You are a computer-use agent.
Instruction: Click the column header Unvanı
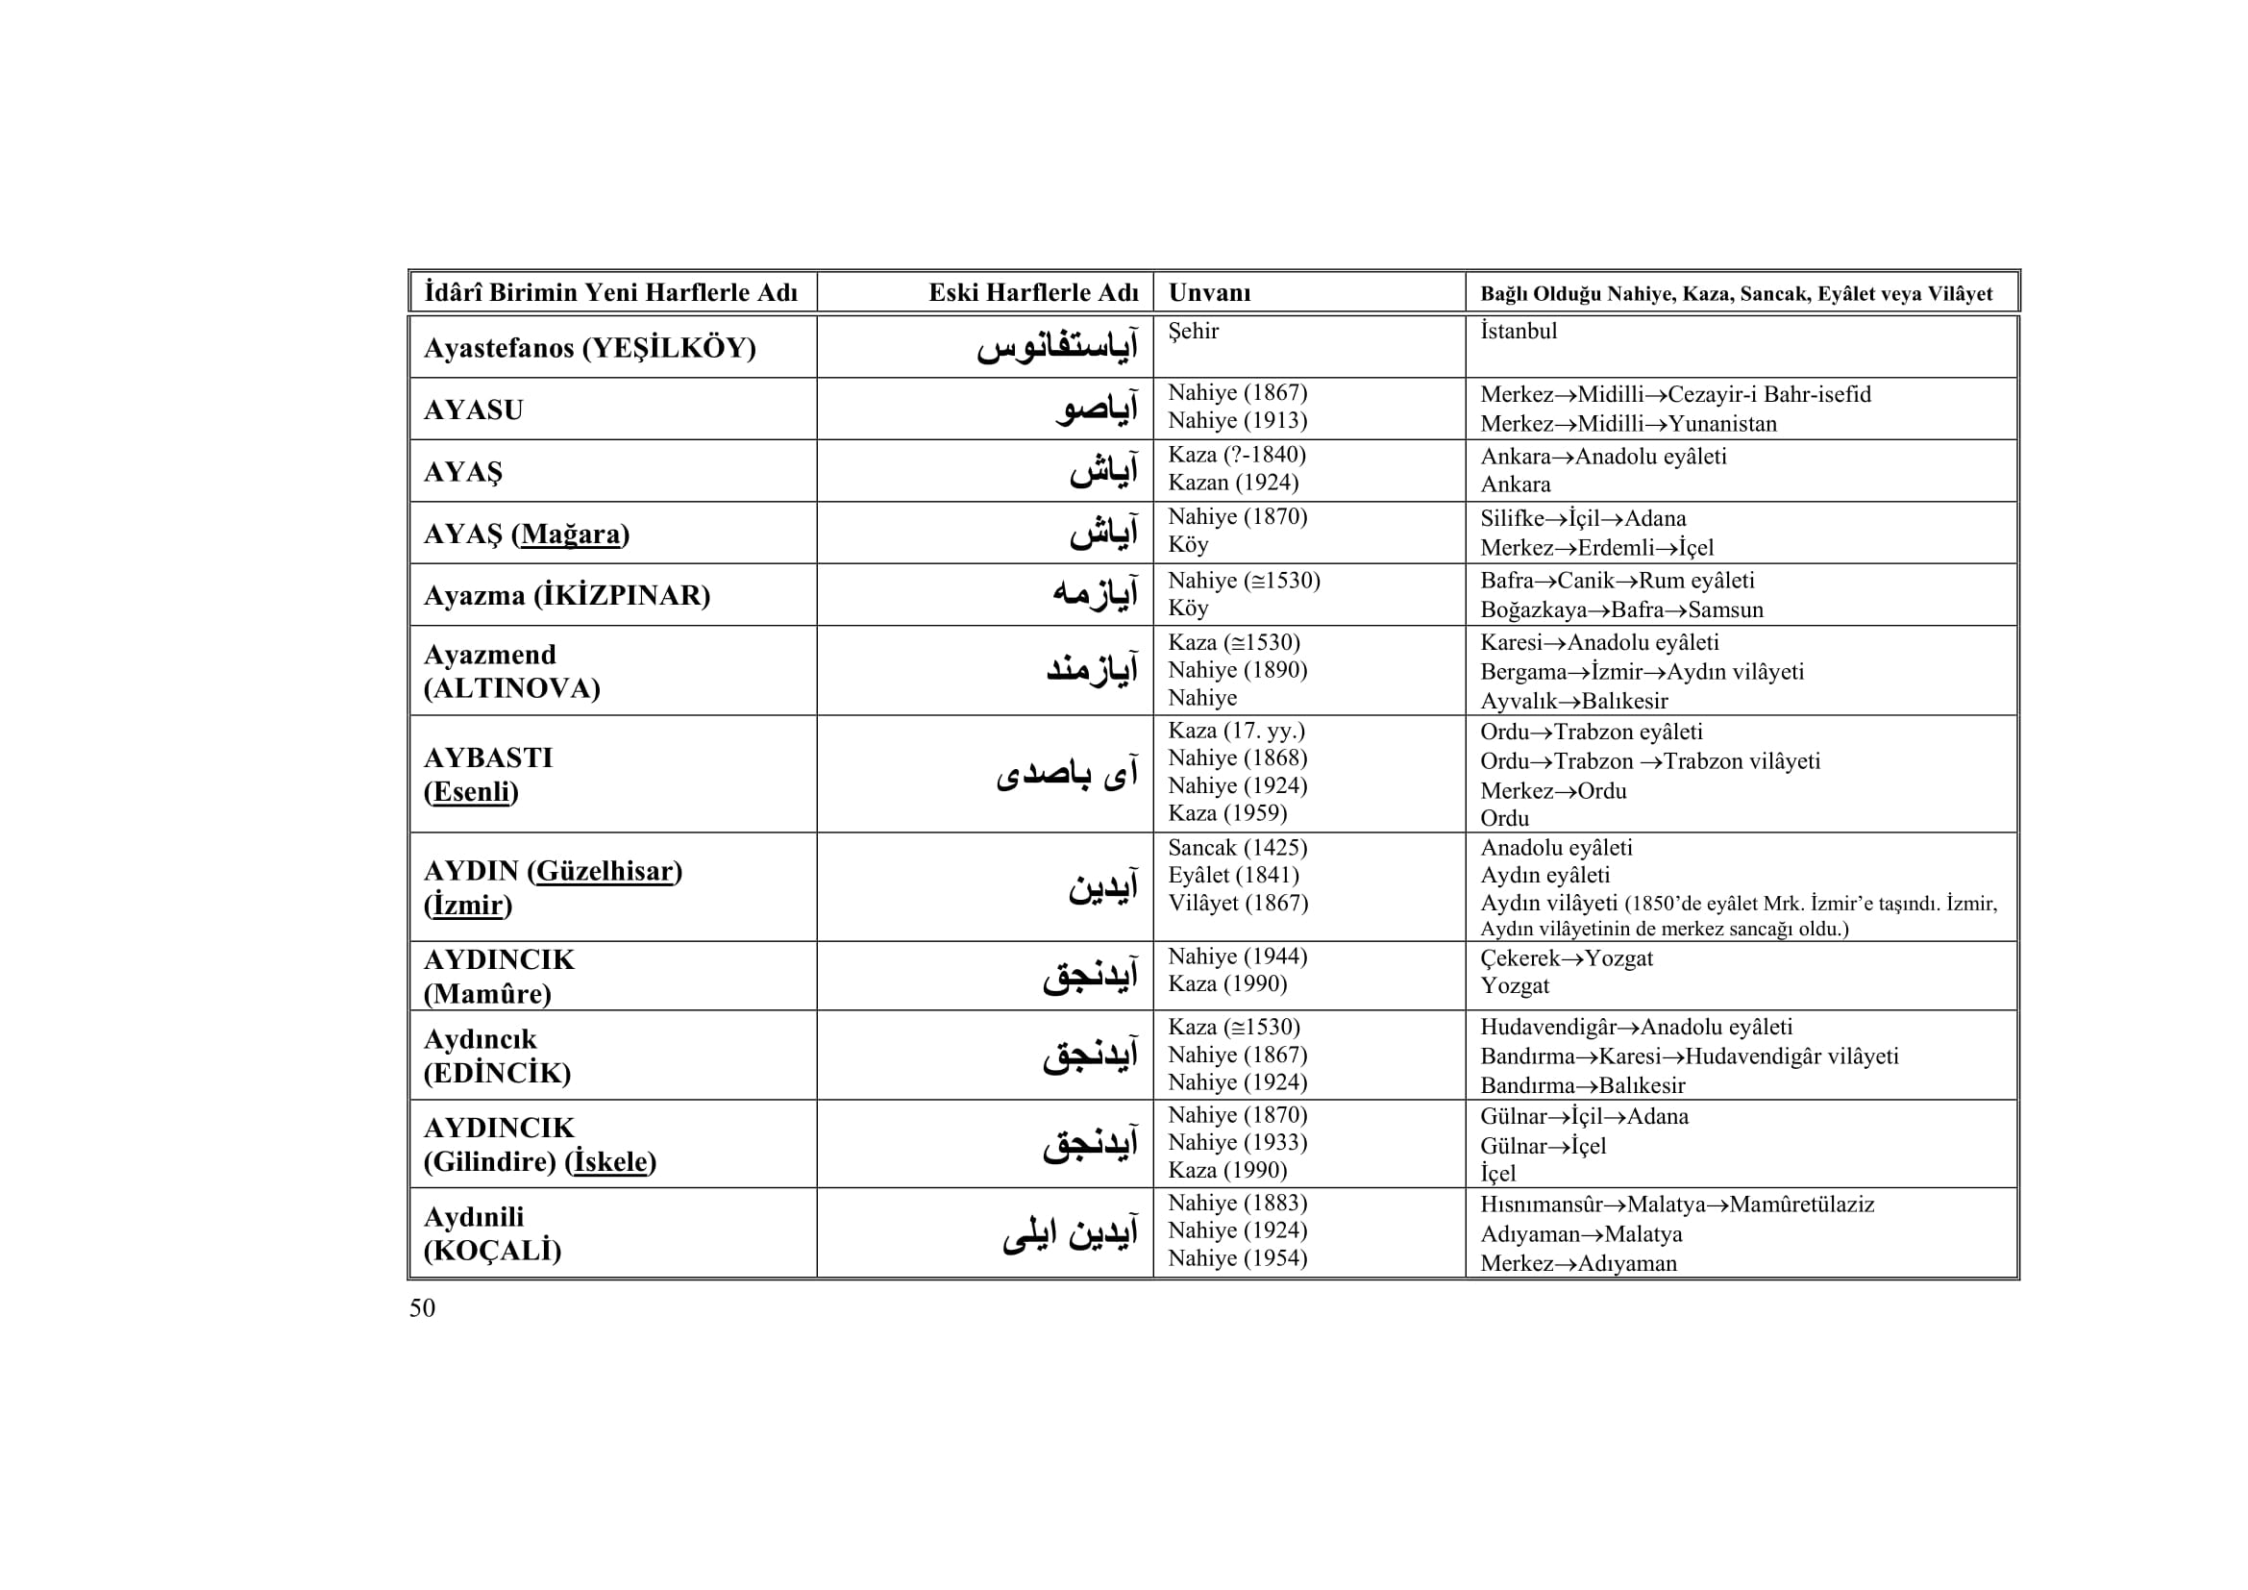coord(1209,293)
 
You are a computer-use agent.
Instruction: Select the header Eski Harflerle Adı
coord(1033,293)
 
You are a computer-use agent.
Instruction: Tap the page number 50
coord(422,1308)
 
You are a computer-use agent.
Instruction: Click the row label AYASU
coord(473,410)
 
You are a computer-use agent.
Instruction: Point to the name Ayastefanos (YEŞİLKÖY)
coord(589,348)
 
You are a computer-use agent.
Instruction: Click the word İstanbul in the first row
coord(1518,331)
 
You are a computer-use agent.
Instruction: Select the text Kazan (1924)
coord(1233,483)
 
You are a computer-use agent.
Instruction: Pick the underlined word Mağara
coord(570,534)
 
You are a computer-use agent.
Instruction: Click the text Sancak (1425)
coord(1238,848)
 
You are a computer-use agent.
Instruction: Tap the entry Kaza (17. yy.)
coord(1236,731)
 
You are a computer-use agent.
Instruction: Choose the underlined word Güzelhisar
coord(605,870)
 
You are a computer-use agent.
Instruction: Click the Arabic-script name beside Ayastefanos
coord(1057,348)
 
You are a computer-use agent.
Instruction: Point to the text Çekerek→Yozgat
coord(1566,957)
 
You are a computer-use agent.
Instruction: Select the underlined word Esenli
coord(471,791)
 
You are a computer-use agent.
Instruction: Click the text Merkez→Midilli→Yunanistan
coord(1627,424)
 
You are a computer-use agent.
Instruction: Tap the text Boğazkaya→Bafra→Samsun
coord(1621,610)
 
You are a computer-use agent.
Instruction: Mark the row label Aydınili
coord(473,1217)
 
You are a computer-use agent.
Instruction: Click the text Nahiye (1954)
coord(1238,1258)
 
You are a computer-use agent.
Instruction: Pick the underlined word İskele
coord(611,1162)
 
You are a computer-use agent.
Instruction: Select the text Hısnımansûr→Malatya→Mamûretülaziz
coord(1676,1205)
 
